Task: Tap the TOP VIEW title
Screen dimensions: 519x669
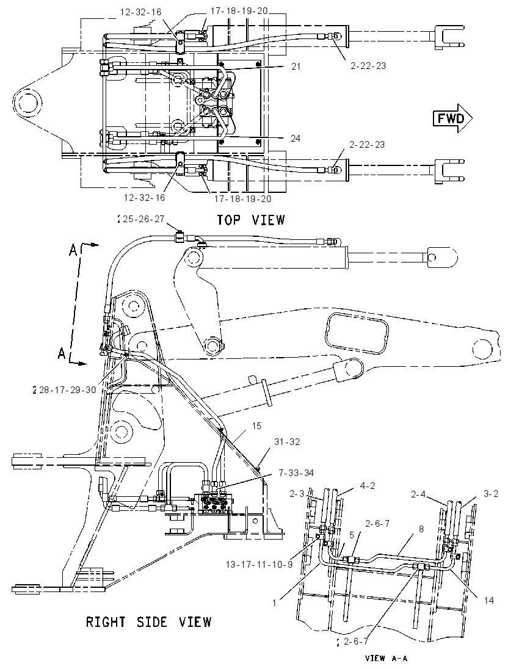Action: click(250, 220)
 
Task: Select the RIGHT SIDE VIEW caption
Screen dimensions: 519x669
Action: click(148, 621)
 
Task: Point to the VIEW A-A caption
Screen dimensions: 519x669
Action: click(386, 658)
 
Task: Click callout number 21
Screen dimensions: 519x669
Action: click(296, 66)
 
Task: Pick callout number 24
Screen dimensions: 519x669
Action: click(296, 138)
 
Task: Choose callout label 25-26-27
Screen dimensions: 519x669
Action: click(143, 219)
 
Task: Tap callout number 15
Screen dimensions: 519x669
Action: click(256, 426)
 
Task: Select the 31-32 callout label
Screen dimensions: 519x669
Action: click(287, 441)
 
